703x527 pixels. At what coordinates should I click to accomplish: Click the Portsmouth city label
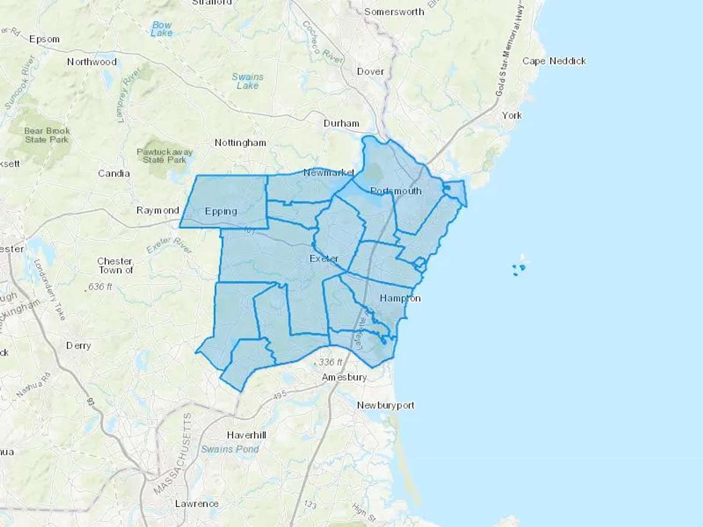(x=396, y=191)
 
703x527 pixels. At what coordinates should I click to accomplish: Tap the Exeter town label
(x=324, y=258)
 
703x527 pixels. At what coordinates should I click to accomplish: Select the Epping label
(x=221, y=211)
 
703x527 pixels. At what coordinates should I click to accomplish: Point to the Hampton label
(x=400, y=298)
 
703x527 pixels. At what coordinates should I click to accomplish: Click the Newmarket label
(x=329, y=172)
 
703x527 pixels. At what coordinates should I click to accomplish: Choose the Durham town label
(x=341, y=123)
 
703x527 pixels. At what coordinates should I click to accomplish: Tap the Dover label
(x=370, y=71)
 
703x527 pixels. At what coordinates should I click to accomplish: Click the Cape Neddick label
(x=554, y=61)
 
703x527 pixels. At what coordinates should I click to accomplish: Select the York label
(x=512, y=115)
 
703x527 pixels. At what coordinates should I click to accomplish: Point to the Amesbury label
(x=344, y=377)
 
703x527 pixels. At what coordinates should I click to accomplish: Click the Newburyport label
(x=385, y=405)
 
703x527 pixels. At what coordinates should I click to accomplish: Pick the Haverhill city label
(x=246, y=435)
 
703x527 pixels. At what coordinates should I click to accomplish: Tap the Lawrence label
(x=196, y=504)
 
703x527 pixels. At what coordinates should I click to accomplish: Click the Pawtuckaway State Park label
(x=164, y=156)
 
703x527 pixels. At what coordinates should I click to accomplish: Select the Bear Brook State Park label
(x=47, y=135)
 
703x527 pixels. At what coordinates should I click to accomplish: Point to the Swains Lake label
(x=248, y=81)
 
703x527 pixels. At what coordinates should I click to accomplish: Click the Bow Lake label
(x=162, y=29)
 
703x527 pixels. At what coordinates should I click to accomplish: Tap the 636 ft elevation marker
(x=100, y=287)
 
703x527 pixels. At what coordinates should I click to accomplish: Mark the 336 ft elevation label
(x=330, y=362)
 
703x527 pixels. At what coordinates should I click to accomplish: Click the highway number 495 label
(x=280, y=395)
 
